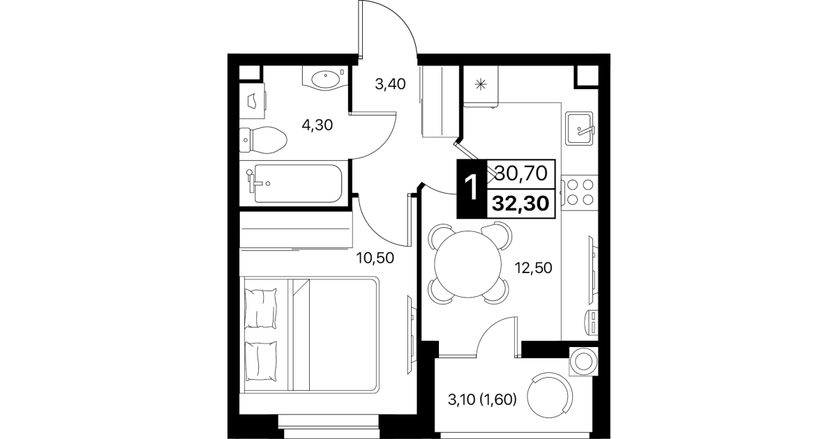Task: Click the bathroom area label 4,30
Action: click(x=317, y=125)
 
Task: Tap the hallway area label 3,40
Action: click(x=390, y=84)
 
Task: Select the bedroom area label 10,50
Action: click(x=375, y=258)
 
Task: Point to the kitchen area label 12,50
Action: click(x=533, y=268)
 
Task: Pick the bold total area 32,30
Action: click(x=521, y=203)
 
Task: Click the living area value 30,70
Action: click(x=521, y=174)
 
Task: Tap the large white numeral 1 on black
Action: click(x=472, y=188)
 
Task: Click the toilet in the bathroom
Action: click(x=262, y=140)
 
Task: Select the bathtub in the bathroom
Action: click(x=290, y=183)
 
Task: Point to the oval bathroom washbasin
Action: click(x=325, y=79)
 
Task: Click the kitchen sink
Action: click(x=579, y=128)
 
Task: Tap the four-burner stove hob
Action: click(x=580, y=192)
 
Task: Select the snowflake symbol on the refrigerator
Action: click(x=480, y=85)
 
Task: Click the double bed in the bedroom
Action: click(x=309, y=334)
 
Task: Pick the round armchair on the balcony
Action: click(x=550, y=396)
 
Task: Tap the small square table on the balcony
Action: click(x=583, y=361)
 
